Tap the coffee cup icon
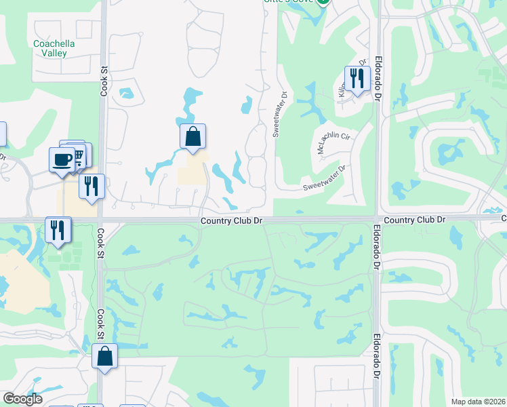(x=62, y=160)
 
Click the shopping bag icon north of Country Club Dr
(x=193, y=136)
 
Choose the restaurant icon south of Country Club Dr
(x=58, y=230)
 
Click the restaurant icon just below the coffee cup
(x=92, y=186)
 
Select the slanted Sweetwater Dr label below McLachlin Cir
(x=325, y=178)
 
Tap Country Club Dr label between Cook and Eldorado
(x=231, y=220)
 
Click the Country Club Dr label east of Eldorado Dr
(x=414, y=220)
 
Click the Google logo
(x=22, y=399)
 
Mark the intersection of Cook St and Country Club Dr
(x=100, y=220)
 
